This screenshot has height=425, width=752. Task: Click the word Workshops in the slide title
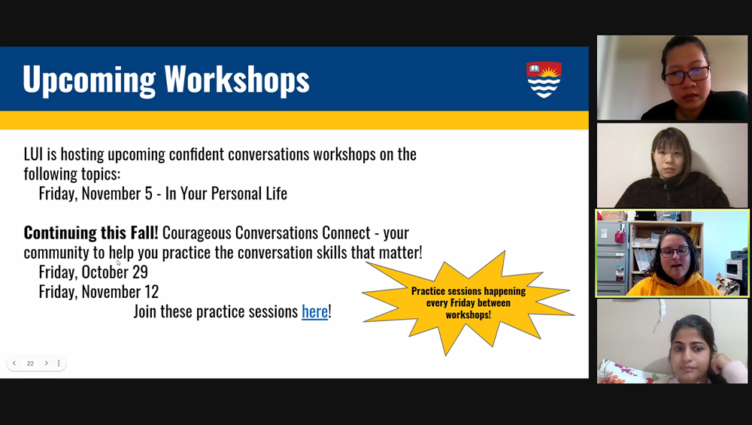click(x=237, y=79)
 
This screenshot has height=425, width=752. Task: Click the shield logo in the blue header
click(x=544, y=80)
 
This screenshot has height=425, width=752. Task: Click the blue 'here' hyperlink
click(x=314, y=311)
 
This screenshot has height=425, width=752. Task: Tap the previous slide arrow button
click(x=14, y=363)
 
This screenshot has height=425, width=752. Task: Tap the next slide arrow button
click(x=46, y=363)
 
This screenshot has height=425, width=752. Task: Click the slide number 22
click(x=30, y=363)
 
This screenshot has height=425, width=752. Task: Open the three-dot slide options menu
click(x=59, y=363)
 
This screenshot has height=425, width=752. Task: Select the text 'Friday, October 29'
click(x=93, y=272)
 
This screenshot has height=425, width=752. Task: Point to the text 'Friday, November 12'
click(x=99, y=292)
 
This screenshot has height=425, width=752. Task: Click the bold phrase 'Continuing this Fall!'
click(x=91, y=232)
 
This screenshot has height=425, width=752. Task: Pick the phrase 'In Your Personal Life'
click(x=226, y=193)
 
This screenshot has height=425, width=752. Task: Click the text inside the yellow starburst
click(x=468, y=302)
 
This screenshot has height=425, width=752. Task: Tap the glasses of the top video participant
click(x=687, y=75)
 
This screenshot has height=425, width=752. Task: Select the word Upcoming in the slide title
click(x=89, y=80)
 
